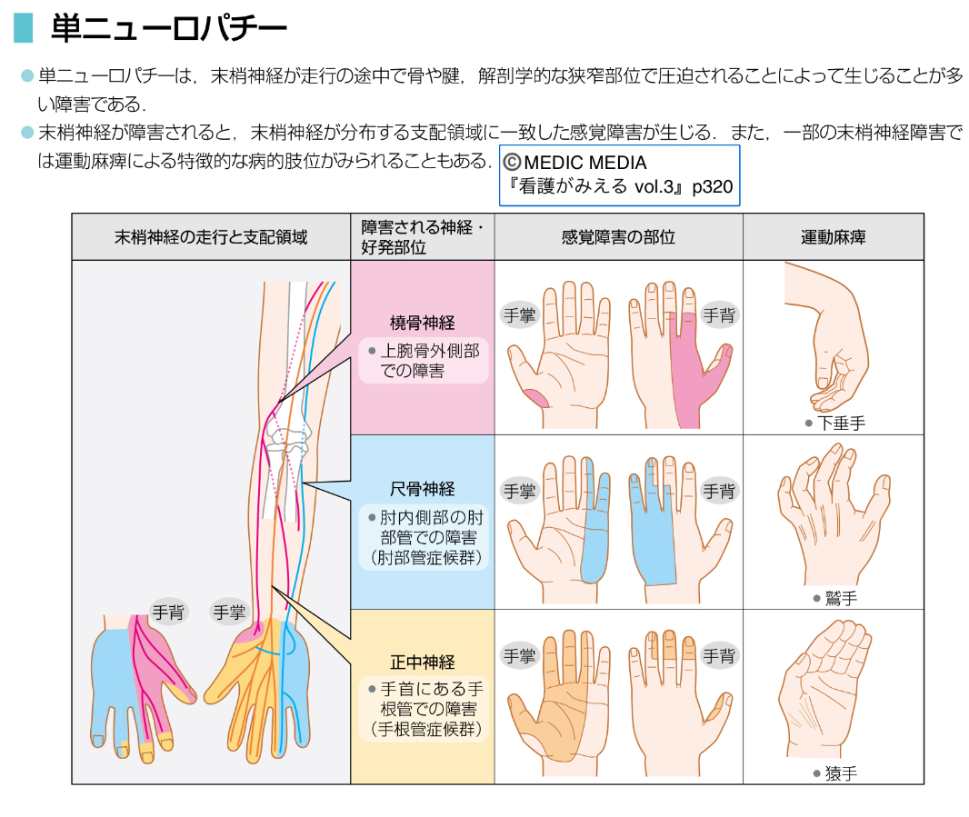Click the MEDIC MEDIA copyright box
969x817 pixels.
point(619,175)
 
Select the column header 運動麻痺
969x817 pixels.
point(833,238)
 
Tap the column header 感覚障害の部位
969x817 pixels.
point(618,238)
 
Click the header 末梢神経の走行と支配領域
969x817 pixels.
point(211,238)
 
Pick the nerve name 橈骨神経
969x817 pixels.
point(422,323)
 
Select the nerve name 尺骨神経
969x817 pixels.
point(422,489)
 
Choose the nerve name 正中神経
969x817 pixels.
point(422,662)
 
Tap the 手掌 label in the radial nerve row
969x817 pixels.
point(519,315)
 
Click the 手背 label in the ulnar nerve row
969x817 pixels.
point(718,491)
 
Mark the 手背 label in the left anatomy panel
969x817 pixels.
point(168,612)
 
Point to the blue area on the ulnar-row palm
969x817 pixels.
point(592,536)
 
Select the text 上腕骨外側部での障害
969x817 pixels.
point(424,360)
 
